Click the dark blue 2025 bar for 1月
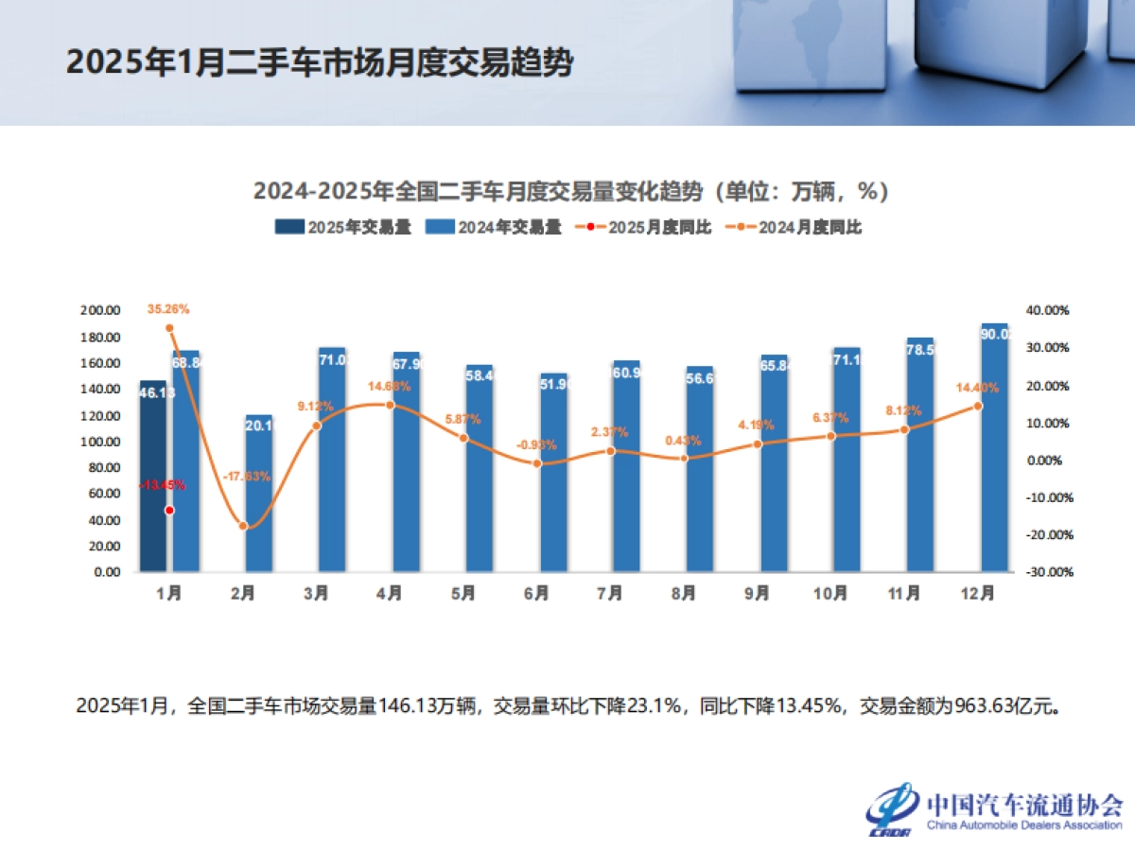[153, 477]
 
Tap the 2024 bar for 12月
[994, 448]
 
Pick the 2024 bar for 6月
[553, 473]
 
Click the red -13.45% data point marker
[169, 510]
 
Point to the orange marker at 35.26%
[169, 328]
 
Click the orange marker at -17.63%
[243, 526]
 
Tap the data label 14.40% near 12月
[978, 388]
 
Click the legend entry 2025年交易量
[343, 227]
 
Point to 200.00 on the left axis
[100, 311]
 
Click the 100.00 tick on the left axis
[100, 442]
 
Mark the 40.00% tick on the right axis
[1047, 311]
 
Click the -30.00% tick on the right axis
[1047, 572]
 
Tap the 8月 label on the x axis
[683, 595]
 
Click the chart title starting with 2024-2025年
[571, 191]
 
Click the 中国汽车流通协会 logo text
[1024, 805]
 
